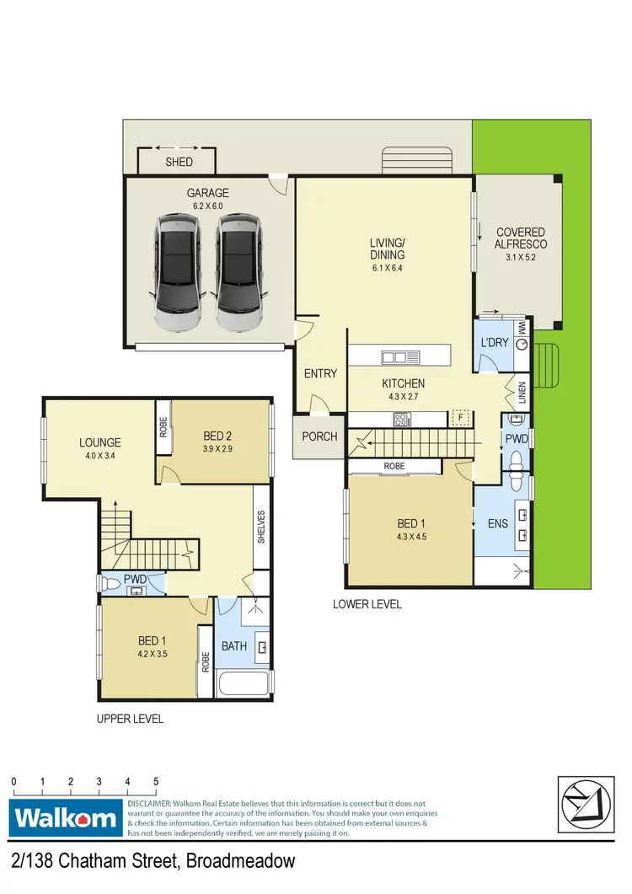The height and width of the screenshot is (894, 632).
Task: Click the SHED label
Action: coord(179,162)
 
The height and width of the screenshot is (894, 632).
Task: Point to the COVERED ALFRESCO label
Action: coord(520,238)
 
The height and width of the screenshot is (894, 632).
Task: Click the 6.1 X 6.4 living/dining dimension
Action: coord(387,268)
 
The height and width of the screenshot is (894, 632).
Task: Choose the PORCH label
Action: coord(319,436)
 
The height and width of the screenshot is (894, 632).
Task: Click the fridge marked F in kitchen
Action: coord(460,417)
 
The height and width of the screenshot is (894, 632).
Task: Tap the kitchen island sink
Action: coord(394,357)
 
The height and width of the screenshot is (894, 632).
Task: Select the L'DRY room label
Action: coord(491,345)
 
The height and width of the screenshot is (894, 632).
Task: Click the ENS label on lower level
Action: coord(497,523)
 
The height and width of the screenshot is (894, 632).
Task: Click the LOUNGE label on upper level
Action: coord(100,442)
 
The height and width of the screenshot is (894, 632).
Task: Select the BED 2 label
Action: coord(217,436)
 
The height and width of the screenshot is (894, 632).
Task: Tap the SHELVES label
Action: coord(262,527)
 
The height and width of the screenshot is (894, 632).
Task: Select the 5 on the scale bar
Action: coord(156,781)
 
